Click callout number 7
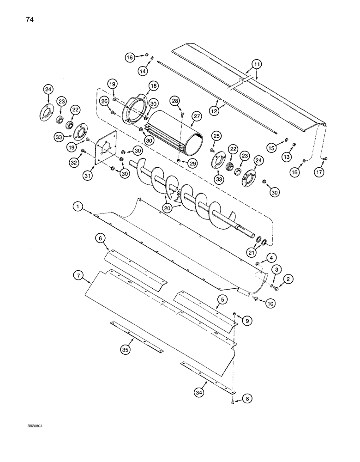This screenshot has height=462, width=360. coord(78,276)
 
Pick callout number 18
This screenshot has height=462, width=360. coord(153,86)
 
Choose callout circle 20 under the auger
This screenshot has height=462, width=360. coord(168,208)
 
